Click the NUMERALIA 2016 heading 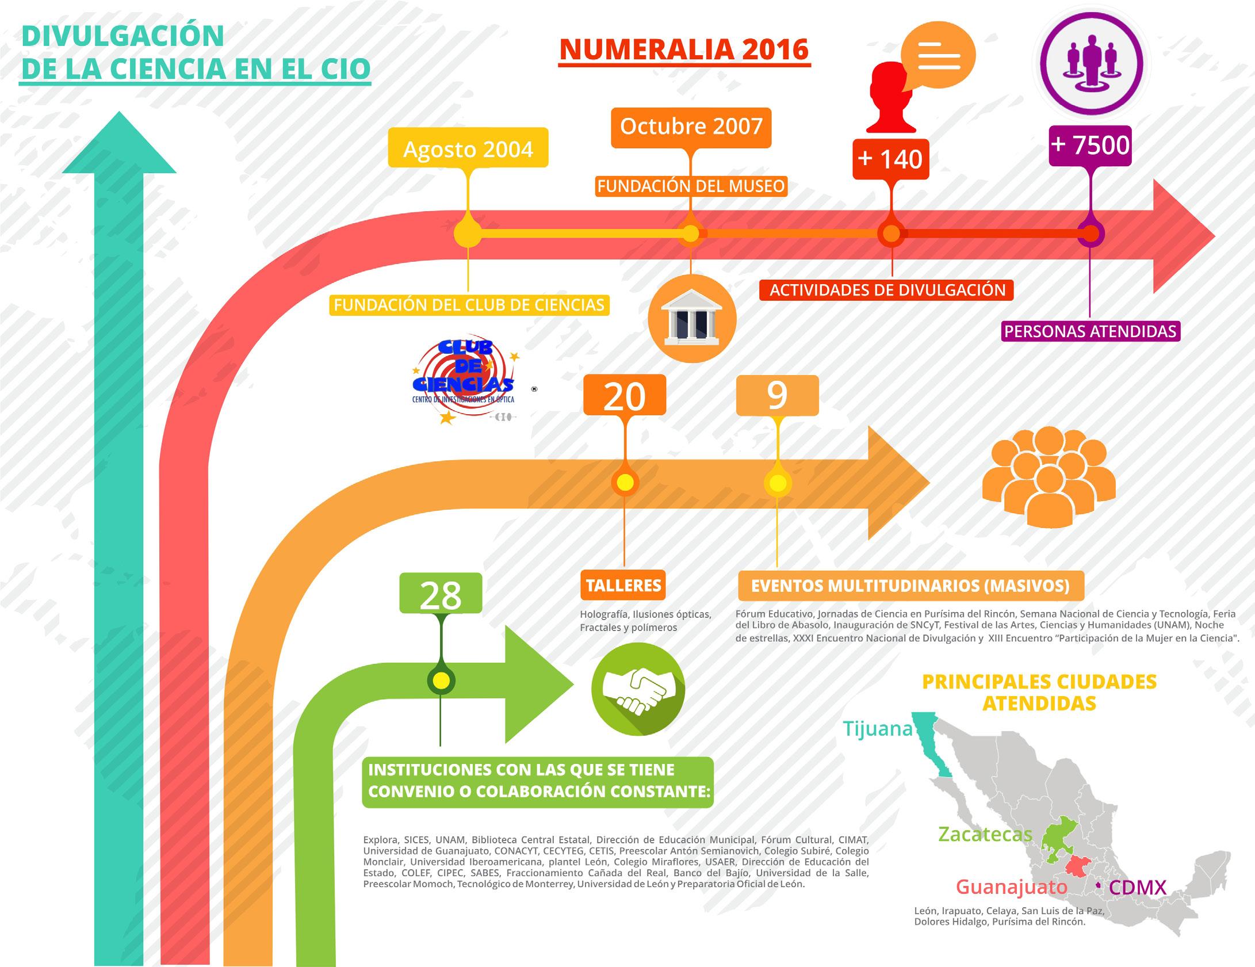(x=684, y=50)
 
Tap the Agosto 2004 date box (x=468, y=149)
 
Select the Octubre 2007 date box (x=691, y=127)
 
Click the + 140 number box (x=890, y=159)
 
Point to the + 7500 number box (x=1090, y=145)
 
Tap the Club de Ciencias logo (x=464, y=379)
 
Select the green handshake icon (x=638, y=689)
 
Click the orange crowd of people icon (x=1049, y=477)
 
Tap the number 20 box (x=625, y=396)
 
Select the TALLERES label (x=623, y=586)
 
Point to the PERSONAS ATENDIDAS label (x=1090, y=331)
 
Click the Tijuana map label (x=878, y=729)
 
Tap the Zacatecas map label (x=985, y=834)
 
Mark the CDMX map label (x=1138, y=888)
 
